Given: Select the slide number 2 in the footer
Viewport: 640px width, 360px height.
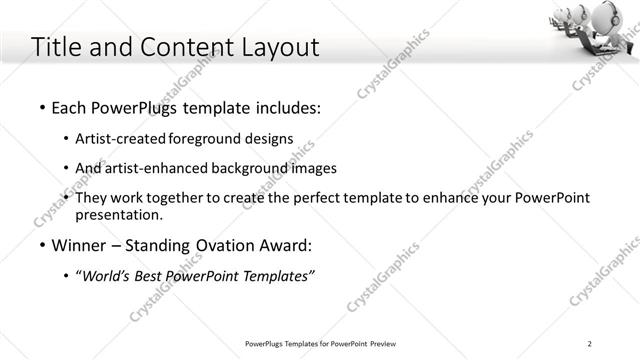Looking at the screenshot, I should coord(590,345).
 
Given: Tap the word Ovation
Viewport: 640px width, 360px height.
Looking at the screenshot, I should coord(220,245).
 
